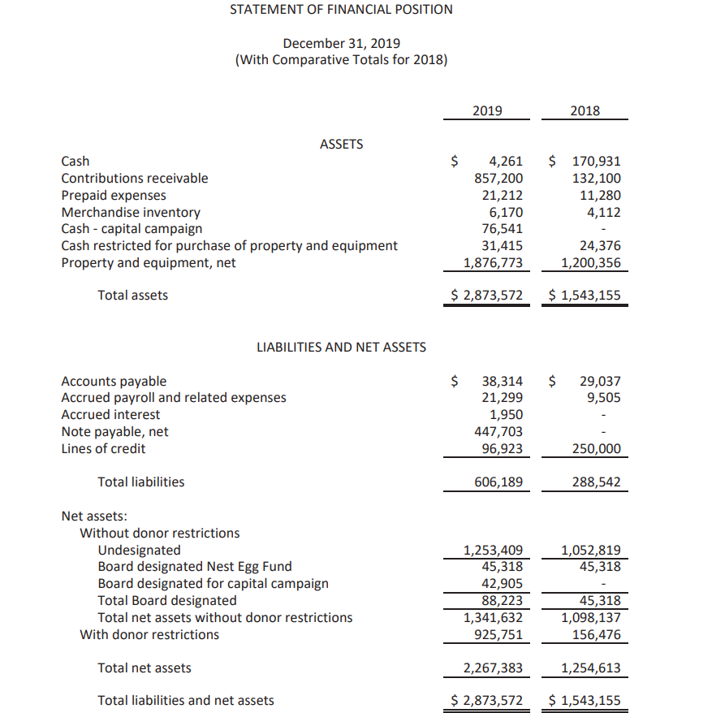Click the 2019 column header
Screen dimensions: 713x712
tap(487, 111)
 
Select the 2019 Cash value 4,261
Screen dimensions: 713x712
tap(505, 161)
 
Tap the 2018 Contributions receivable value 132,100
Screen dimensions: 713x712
tap(596, 178)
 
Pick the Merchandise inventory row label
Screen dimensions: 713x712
tap(131, 212)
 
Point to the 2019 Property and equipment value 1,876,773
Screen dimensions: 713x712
tap(493, 262)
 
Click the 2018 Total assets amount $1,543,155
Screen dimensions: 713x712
tap(585, 295)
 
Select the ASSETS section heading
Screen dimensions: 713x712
tap(341, 144)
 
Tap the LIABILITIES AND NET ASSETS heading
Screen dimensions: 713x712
tap(341, 347)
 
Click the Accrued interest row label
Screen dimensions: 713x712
tap(111, 414)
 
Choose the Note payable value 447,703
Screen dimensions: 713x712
tap(498, 431)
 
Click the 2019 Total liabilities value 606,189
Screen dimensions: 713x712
tap(498, 482)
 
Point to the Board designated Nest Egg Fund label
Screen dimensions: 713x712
tap(194, 566)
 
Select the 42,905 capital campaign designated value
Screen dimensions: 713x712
tap(502, 583)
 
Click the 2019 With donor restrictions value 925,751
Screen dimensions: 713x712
tap(498, 634)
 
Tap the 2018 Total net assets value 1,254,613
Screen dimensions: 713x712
tap(590, 668)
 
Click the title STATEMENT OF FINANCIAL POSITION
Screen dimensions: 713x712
tap(341, 10)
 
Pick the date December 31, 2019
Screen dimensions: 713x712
tap(341, 43)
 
